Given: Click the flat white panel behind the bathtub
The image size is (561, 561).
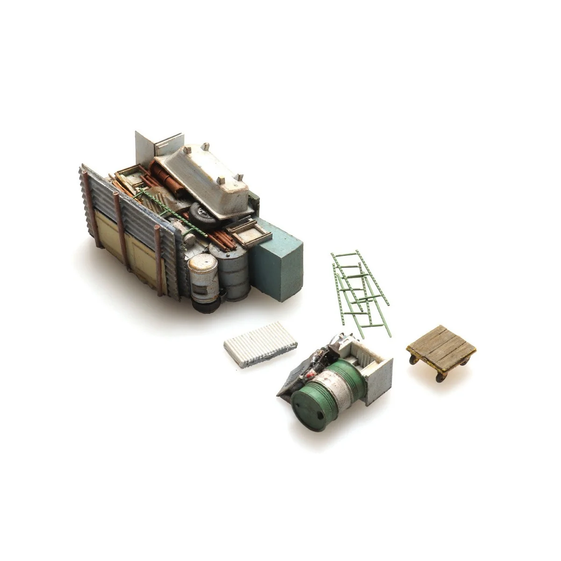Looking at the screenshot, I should click(145, 147).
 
